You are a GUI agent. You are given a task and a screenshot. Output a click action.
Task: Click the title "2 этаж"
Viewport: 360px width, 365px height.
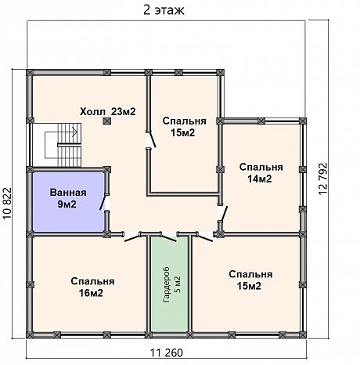pyautogui.click(x=164, y=10)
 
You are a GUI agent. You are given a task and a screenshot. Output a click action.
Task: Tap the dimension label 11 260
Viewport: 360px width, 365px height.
pyautogui.click(x=167, y=352)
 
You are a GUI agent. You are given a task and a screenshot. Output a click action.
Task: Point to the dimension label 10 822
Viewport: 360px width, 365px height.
pyautogui.click(x=8, y=203)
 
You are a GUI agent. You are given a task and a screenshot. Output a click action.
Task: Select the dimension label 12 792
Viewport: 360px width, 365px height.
pyautogui.click(x=322, y=179)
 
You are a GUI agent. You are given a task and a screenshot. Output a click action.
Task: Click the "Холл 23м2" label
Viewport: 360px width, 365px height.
pyautogui.click(x=108, y=111)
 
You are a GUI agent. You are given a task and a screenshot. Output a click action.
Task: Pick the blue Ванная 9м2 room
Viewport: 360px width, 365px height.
pyautogui.click(x=68, y=201)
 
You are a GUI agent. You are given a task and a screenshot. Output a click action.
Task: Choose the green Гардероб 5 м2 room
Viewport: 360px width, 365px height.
pyautogui.click(x=170, y=284)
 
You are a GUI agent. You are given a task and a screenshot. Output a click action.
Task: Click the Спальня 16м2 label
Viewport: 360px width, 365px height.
pyautogui.click(x=92, y=287)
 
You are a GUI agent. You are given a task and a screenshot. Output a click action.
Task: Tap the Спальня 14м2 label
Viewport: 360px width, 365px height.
pyautogui.click(x=261, y=172)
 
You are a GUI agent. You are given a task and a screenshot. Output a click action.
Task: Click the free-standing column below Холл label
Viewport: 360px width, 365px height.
pyautogui.click(x=106, y=121)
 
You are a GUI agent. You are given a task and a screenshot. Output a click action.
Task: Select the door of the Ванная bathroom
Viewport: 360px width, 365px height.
pyautogui.click(x=103, y=202)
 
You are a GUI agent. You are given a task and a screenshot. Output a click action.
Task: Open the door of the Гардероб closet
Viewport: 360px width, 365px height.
pyautogui.click(x=167, y=237)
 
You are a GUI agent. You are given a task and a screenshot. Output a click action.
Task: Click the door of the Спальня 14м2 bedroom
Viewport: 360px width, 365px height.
pyautogui.click(x=224, y=214)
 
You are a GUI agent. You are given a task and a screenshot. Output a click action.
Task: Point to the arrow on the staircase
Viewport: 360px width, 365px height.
pyautogui.click(x=74, y=132)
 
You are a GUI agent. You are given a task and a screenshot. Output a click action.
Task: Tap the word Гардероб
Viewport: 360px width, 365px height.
pyautogui.click(x=167, y=284)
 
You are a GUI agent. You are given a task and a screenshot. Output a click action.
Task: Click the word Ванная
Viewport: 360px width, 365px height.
pyautogui.click(x=68, y=193)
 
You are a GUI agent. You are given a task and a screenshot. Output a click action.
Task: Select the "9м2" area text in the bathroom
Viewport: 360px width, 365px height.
pyautogui.click(x=67, y=204)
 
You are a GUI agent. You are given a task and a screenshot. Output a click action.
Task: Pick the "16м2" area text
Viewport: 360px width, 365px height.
pyautogui.click(x=91, y=293)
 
